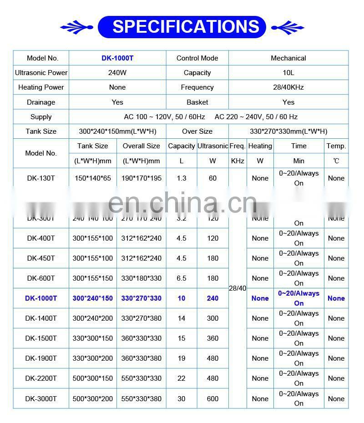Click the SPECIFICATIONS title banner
pyautogui.click(x=182, y=26)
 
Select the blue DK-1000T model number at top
pyautogui.click(x=117, y=58)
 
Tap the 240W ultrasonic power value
pyautogui.click(x=117, y=73)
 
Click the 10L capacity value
pyautogui.click(x=288, y=73)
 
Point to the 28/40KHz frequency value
pyautogui.click(x=288, y=87)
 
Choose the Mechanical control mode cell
pyautogui.click(x=288, y=58)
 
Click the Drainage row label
pyautogui.click(x=41, y=102)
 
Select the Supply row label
pyautogui.click(x=41, y=117)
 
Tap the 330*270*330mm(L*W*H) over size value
pyautogui.click(x=288, y=131)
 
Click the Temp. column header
pyautogui.click(x=336, y=146)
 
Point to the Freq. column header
pyautogui.click(x=238, y=146)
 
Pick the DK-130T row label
pyautogui.click(x=41, y=178)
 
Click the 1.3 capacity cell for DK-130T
pyautogui.click(x=182, y=178)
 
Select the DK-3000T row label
pyautogui.click(x=41, y=399)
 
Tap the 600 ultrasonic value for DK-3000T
pyautogui.click(x=212, y=399)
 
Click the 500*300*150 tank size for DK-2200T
pyautogui.click(x=93, y=378)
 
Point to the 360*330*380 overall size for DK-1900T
pyautogui.click(x=142, y=358)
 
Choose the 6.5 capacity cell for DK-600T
pyautogui.click(x=182, y=278)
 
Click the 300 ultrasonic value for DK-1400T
pyautogui.click(x=212, y=318)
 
